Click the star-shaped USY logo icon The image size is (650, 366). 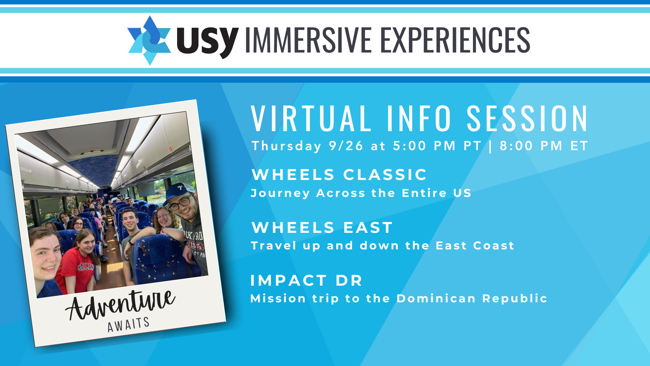tap(149, 40)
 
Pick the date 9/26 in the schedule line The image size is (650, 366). tap(346, 146)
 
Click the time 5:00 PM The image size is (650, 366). tap(424, 146)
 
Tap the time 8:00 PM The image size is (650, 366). tap(531, 146)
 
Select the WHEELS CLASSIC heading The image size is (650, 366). tap(339, 175)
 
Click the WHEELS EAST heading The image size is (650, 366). tap(322, 227)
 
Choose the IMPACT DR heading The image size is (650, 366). tap(306, 280)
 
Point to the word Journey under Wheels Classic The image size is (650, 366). tap(280, 194)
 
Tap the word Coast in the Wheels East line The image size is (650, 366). tap(494, 245)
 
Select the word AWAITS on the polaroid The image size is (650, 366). tap(129, 325)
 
